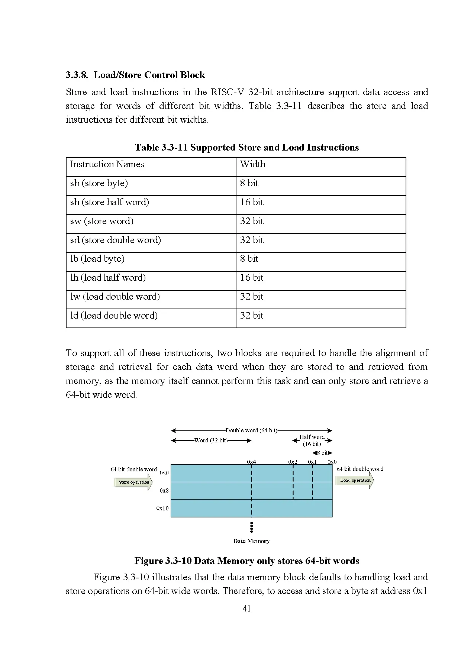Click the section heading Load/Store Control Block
(x=135, y=75)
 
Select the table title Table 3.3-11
(x=246, y=148)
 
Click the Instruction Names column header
(x=107, y=164)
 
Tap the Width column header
(x=253, y=164)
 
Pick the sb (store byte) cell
(x=99, y=183)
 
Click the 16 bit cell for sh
(x=252, y=202)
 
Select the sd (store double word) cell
(x=116, y=240)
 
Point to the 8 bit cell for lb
(x=249, y=259)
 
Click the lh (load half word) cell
(x=108, y=278)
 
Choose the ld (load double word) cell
(x=114, y=316)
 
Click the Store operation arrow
(x=133, y=482)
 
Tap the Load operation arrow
(x=355, y=480)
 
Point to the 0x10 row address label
(x=162, y=508)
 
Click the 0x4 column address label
(x=251, y=462)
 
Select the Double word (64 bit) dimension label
(x=251, y=430)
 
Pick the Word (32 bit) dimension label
(x=211, y=440)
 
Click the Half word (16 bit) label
(x=312, y=440)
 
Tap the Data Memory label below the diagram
(x=251, y=541)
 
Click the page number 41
(x=246, y=609)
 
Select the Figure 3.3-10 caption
(x=246, y=561)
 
